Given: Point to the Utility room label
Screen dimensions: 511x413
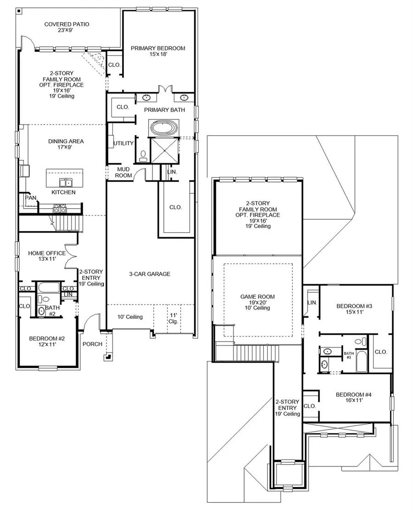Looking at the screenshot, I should pyautogui.click(x=123, y=143).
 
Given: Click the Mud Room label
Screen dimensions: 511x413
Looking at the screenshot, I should pyautogui.click(x=123, y=172).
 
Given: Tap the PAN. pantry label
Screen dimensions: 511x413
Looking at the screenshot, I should pyautogui.click(x=31, y=198).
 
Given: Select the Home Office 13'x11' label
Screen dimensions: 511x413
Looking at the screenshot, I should pyautogui.click(x=46, y=256).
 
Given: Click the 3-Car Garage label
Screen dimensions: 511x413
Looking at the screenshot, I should pyautogui.click(x=150, y=274).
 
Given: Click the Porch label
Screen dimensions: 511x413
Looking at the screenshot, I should pyautogui.click(x=92, y=344).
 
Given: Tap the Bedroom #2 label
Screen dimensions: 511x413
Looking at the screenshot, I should pyautogui.click(x=46, y=341).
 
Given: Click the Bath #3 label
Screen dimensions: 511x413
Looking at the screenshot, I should pyautogui.click(x=349, y=355).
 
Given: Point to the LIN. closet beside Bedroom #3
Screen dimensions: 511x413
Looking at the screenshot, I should pyautogui.click(x=312, y=302).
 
